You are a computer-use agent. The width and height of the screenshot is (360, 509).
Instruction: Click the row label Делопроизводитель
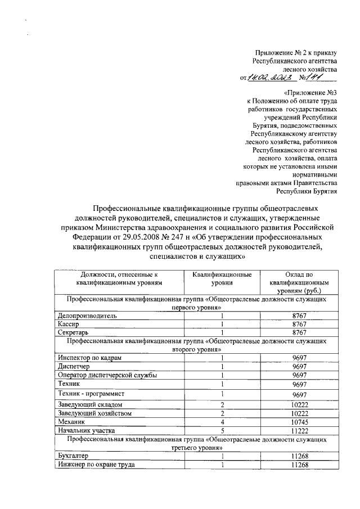(x=87, y=316)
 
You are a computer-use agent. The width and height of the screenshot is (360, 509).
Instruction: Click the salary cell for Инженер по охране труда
(x=299, y=464)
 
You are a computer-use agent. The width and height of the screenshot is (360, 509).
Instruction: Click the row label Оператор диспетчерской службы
(x=107, y=375)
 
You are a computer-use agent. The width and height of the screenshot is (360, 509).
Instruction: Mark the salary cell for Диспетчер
(x=299, y=366)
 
